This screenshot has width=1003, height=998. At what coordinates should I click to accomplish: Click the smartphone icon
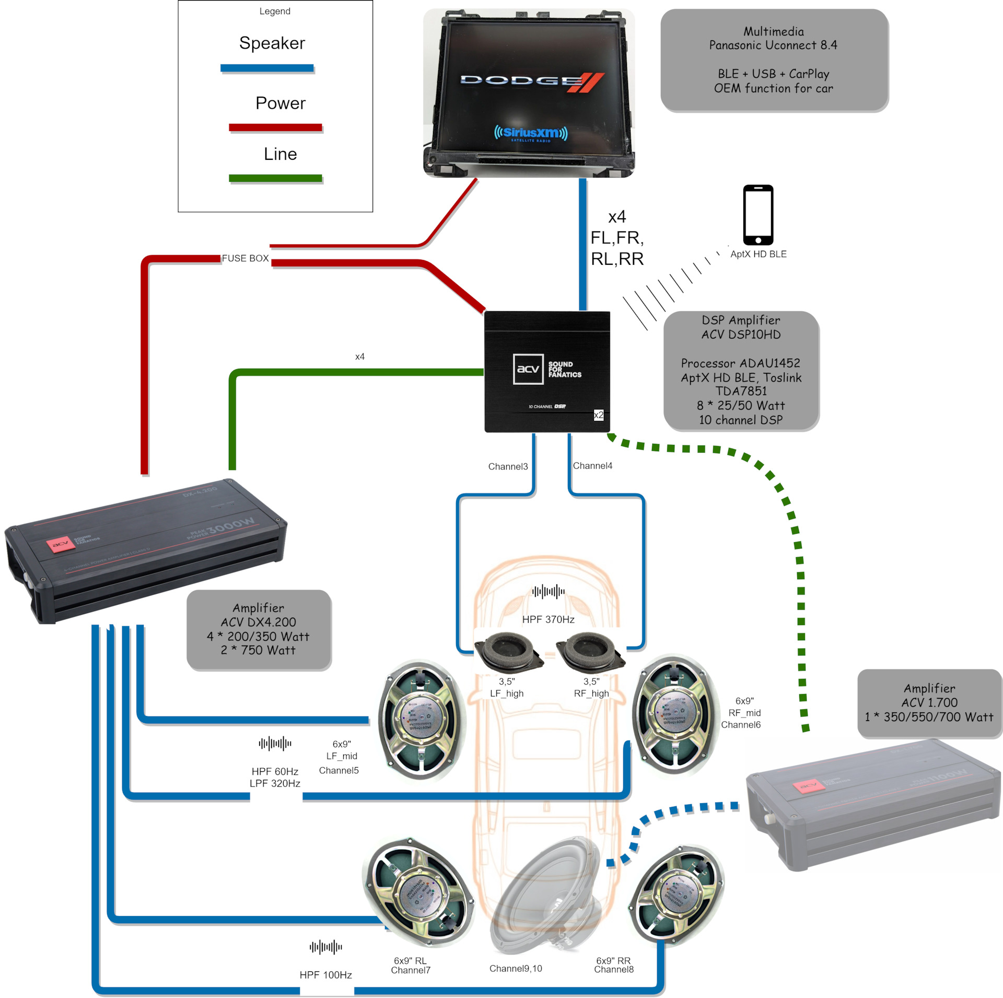(758, 215)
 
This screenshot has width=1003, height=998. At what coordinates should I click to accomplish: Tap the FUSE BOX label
(245, 259)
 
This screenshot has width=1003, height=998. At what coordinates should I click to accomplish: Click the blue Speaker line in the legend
(267, 68)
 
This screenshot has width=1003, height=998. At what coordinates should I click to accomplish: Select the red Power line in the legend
(275, 127)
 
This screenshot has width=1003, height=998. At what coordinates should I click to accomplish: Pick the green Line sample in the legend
(275, 178)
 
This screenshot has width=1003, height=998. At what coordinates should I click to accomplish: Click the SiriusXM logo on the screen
(530, 133)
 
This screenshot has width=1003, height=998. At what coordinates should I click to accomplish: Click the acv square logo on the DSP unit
(528, 369)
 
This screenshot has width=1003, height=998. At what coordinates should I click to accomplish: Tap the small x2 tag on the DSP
(599, 415)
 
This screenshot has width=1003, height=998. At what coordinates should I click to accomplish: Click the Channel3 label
(508, 466)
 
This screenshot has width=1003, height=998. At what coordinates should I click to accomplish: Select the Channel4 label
(592, 466)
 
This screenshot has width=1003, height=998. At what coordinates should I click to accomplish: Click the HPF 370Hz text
(548, 619)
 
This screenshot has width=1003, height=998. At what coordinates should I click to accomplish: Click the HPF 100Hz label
(325, 974)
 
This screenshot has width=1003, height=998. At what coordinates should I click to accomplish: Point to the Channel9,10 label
(516, 968)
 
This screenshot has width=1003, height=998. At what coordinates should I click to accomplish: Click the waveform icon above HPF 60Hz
(275, 743)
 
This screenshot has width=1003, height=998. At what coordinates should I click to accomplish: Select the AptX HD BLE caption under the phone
(758, 254)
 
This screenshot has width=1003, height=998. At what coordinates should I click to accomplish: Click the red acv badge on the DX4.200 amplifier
(61, 545)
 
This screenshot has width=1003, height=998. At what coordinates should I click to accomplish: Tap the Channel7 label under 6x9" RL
(411, 970)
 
